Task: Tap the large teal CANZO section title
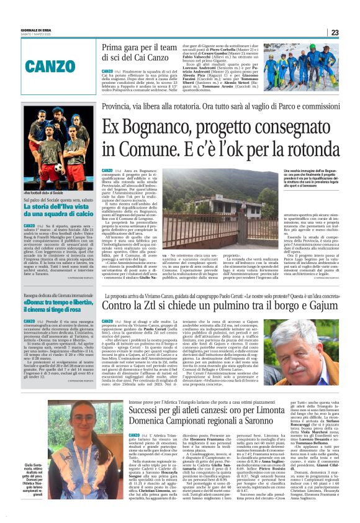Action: point(60,65)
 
